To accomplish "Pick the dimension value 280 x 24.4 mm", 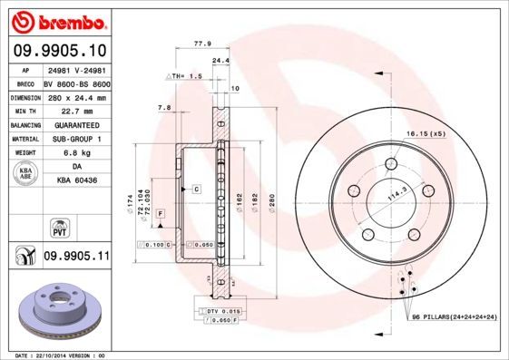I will click(x=77, y=97).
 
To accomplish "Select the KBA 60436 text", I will click(x=76, y=181).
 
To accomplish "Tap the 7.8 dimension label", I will click(x=164, y=108).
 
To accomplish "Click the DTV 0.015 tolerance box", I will click(x=219, y=310).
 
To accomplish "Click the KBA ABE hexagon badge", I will click(x=26, y=173).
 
